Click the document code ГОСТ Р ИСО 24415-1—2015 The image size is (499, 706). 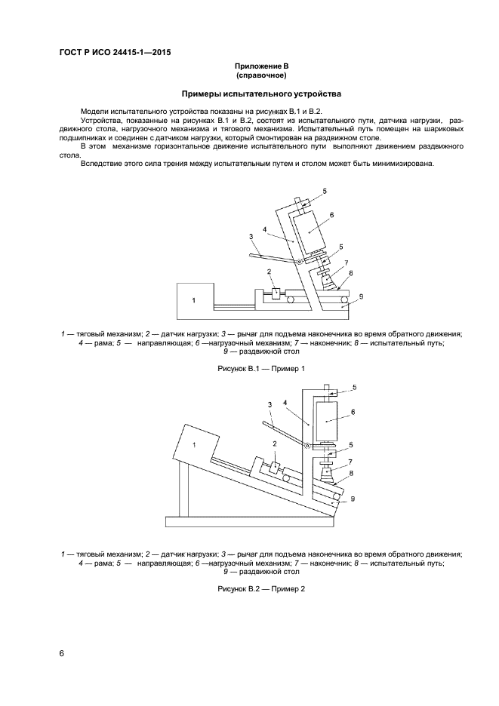tap(114, 54)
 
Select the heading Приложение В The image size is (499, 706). tap(261, 67)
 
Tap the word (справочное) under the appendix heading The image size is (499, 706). tap(261, 75)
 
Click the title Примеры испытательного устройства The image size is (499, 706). tap(261, 94)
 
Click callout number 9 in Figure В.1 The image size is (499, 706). tap(361, 297)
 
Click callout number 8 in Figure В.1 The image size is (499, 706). tap(352, 273)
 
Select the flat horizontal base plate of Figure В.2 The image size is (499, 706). tap(249, 520)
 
